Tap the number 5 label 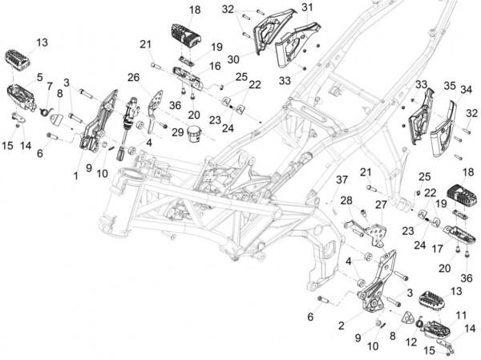38,77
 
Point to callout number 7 49,86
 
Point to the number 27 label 382,204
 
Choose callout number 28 346,200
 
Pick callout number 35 450,85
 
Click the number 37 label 341,178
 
